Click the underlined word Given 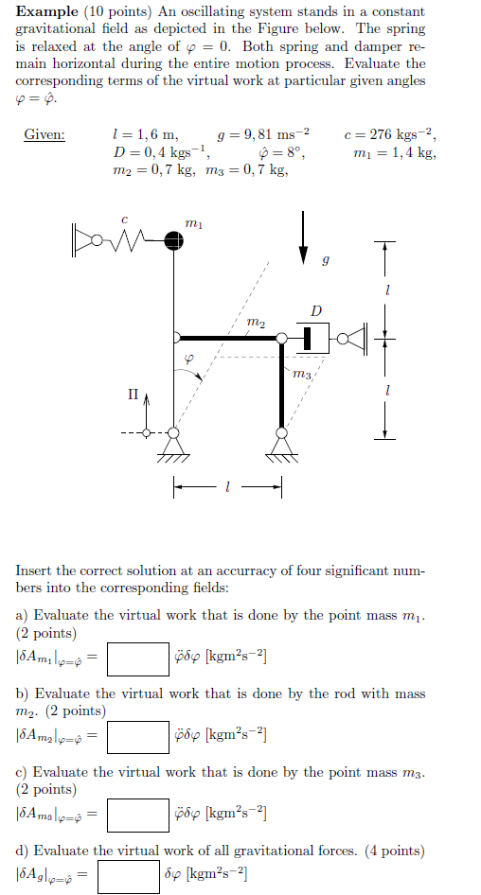[44, 135]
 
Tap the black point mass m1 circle [172, 239]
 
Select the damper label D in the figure [315, 309]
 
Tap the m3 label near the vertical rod [303, 376]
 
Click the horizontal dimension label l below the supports [227, 488]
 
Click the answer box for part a [137, 659]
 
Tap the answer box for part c [137, 815]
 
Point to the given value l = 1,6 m [144, 135]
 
